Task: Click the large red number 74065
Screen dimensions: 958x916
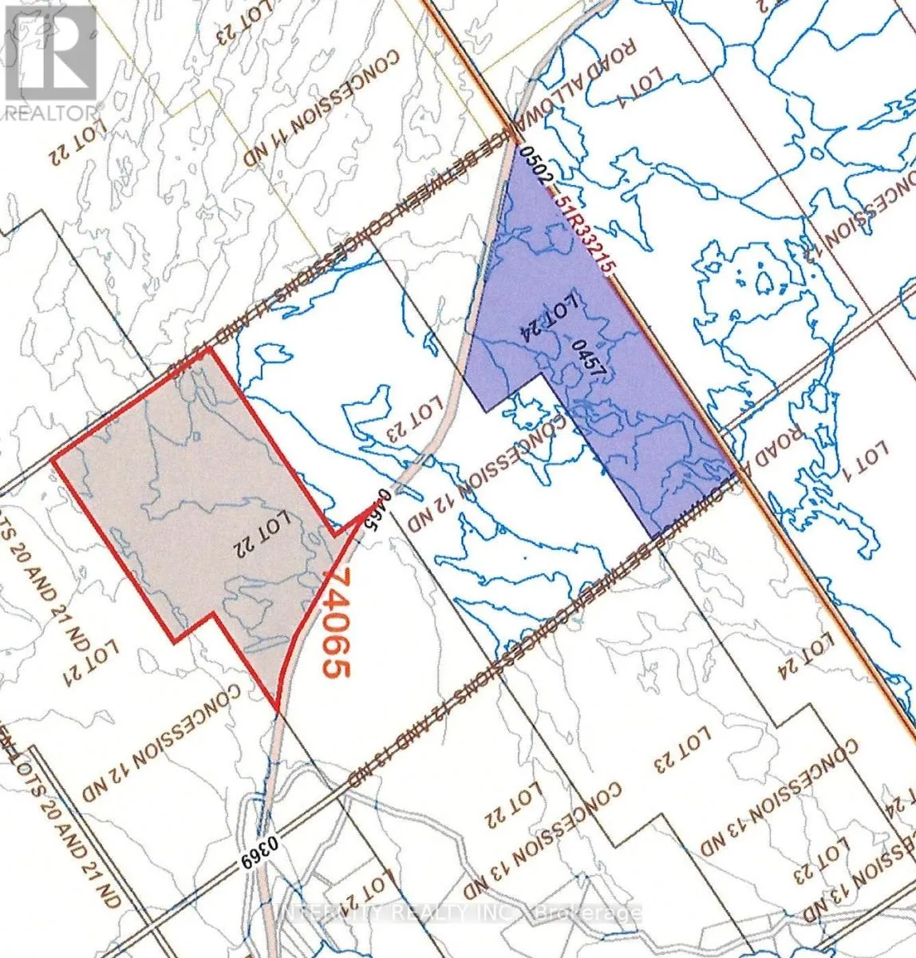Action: [334, 623]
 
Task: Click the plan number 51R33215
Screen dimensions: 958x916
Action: [585, 233]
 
